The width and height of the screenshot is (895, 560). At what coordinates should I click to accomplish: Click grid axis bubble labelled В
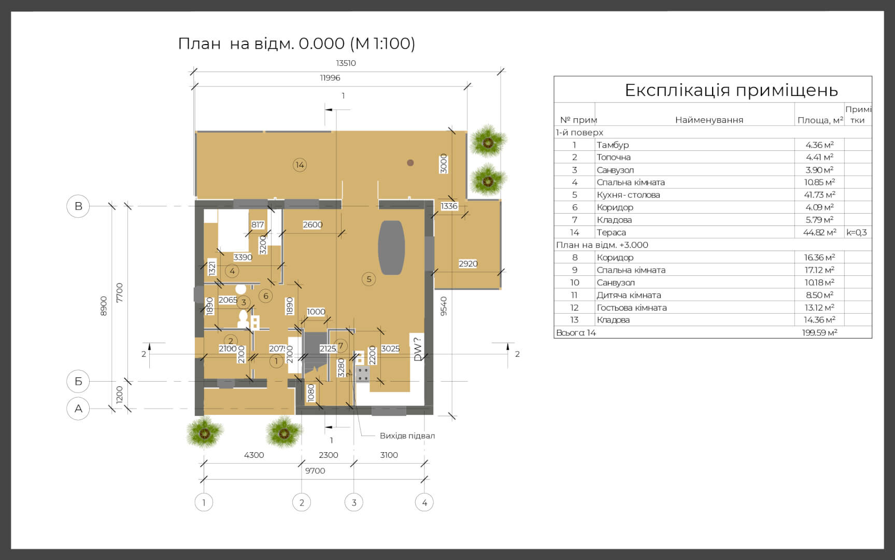(78, 206)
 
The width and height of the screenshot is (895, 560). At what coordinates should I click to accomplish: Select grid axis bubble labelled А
(78, 409)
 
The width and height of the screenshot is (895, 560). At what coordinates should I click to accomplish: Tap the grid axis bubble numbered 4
(424, 502)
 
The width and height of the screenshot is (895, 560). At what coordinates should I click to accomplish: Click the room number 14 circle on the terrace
(300, 165)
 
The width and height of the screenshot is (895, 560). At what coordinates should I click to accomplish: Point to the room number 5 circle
(369, 279)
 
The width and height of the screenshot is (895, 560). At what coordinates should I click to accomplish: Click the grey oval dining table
(391, 247)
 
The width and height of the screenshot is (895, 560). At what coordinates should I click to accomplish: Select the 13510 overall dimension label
(346, 63)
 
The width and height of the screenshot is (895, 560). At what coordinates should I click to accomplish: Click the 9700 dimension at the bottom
(315, 471)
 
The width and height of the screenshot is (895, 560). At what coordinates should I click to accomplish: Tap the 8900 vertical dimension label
(104, 306)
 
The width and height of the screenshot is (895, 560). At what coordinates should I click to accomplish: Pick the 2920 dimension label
(468, 263)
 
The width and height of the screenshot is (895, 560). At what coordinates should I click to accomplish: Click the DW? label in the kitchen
(418, 349)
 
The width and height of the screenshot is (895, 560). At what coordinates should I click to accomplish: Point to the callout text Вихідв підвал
(407, 436)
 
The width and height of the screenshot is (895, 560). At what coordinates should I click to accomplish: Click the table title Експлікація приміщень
(731, 90)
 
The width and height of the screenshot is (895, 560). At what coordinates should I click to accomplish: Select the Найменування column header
(709, 120)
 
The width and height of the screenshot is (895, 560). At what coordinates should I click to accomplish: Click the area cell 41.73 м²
(819, 194)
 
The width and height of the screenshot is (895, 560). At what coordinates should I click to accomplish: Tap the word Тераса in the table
(611, 232)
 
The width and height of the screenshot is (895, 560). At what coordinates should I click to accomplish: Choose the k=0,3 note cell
(857, 232)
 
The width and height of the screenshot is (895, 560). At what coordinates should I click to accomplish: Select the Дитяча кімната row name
(629, 295)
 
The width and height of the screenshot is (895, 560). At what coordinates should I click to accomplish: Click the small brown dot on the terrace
(410, 163)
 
